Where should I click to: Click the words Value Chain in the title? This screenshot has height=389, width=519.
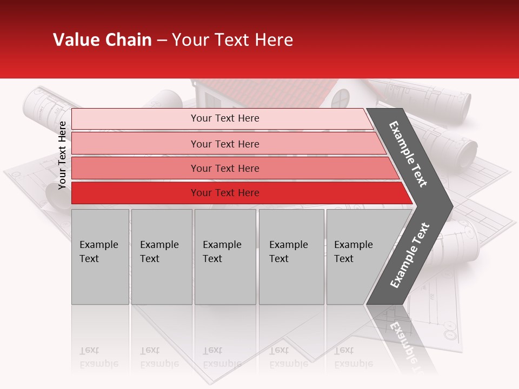tap(102, 40)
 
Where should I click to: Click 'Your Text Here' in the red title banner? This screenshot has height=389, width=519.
tap(232, 40)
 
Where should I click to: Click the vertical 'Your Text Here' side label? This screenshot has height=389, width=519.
tap(62, 155)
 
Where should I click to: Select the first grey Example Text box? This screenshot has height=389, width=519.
tap(100, 257)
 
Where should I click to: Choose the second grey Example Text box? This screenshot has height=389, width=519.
tap(161, 257)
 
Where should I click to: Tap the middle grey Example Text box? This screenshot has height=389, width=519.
tap(225, 257)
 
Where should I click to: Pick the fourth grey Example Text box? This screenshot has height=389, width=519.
tap(291, 257)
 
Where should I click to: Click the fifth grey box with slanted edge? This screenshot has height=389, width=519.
tap(357, 257)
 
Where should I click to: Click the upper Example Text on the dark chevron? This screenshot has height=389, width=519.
tap(408, 153)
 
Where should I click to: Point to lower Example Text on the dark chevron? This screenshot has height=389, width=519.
tap(410, 255)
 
